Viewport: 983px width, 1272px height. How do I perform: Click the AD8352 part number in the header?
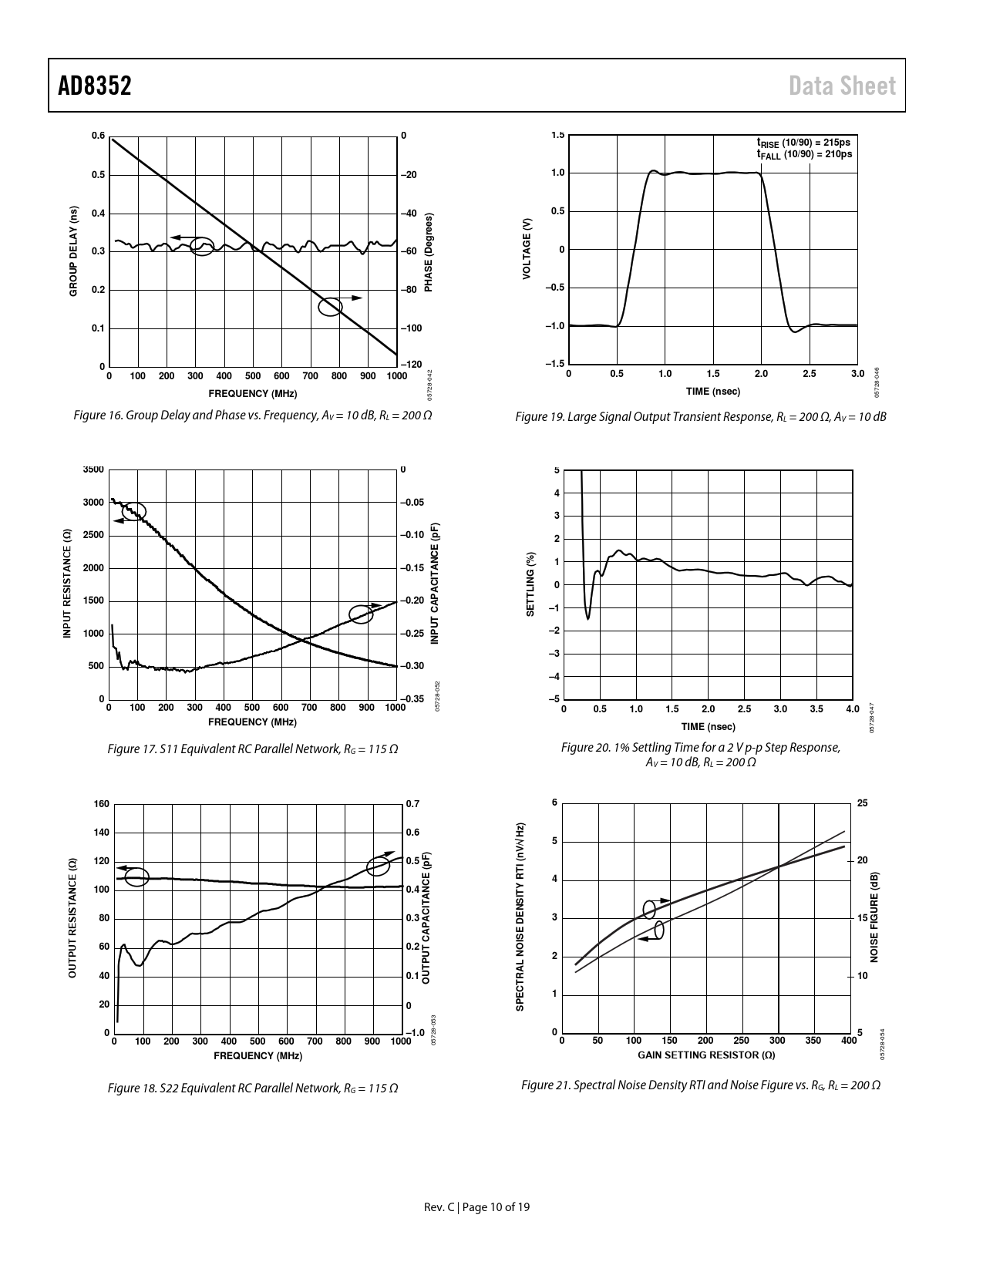tap(95, 86)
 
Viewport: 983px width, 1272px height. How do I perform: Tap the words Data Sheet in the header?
tap(842, 86)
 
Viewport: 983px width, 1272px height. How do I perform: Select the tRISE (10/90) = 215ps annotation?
tap(803, 143)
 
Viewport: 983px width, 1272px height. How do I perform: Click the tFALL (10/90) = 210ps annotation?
tap(803, 154)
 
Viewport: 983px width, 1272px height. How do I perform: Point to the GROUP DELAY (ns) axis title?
tap(74, 251)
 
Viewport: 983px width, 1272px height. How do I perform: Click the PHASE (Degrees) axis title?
tap(429, 252)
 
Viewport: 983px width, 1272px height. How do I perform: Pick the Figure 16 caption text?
tap(252, 416)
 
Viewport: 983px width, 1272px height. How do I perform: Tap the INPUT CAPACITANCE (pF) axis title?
tap(435, 584)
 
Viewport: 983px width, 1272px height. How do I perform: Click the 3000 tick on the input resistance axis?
tap(93, 503)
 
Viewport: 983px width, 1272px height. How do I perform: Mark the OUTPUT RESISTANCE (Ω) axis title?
tap(72, 918)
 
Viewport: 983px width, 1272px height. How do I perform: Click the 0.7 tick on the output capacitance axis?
tap(412, 804)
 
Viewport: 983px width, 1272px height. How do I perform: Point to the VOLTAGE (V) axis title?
tap(527, 249)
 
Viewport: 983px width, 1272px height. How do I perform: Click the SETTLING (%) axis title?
tap(530, 584)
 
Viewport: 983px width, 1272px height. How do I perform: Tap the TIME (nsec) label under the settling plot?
tap(708, 726)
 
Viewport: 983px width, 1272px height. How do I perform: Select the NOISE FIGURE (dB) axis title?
tap(874, 917)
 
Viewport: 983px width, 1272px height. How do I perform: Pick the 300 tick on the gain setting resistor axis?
tap(777, 1041)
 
